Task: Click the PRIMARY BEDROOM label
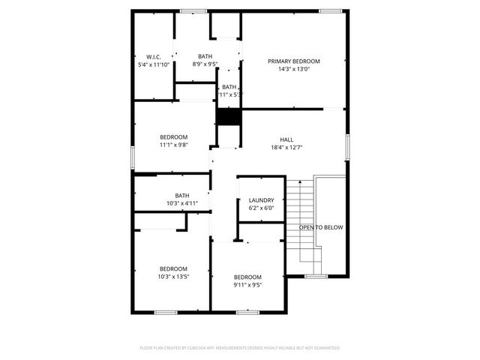pos(294,61)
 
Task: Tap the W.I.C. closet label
pos(154,57)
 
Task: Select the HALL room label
pos(286,139)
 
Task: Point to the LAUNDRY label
pos(262,200)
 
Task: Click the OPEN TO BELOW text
pos(321,227)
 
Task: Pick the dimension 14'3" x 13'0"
pos(294,70)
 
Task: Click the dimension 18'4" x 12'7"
pos(286,148)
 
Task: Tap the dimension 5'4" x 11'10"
pos(154,65)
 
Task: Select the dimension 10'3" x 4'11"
pos(182,203)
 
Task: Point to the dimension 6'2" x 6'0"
pos(262,208)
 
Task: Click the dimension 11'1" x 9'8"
pos(173,145)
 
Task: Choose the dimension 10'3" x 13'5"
pos(173,277)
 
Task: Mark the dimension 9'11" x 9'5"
pos(247,285)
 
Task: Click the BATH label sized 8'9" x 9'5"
pos(205,56)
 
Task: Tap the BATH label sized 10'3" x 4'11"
pos(182,195)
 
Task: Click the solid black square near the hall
pos(229,118)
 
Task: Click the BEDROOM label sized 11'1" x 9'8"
pos(173,136)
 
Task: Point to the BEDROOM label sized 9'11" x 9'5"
pos(247,277)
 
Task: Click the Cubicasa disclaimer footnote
pos(240,348)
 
